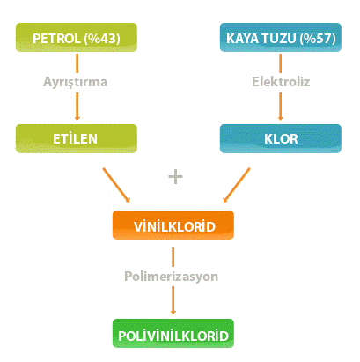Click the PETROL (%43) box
(77, 38)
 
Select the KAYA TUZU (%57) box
(281, 38)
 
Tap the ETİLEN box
(77, 138)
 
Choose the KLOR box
(281, 138)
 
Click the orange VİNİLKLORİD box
(173, 225)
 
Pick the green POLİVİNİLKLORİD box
(173, 333)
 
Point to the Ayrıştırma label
(76, 82)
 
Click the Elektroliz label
(281, 81)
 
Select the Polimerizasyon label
(172, 277)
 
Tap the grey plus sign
(175, 176)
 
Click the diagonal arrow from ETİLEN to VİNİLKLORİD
(116, 185)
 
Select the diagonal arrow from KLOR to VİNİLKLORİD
(237, 185)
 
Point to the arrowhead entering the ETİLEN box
(77, 118)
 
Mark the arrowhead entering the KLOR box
(281, 118)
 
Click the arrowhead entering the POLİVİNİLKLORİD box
(173, 312)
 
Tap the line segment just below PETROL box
(77, 63)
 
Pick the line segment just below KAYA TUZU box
(281, 63)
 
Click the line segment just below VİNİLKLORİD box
(173, 257)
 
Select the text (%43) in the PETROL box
(102, 39)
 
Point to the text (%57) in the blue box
(318, 39)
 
